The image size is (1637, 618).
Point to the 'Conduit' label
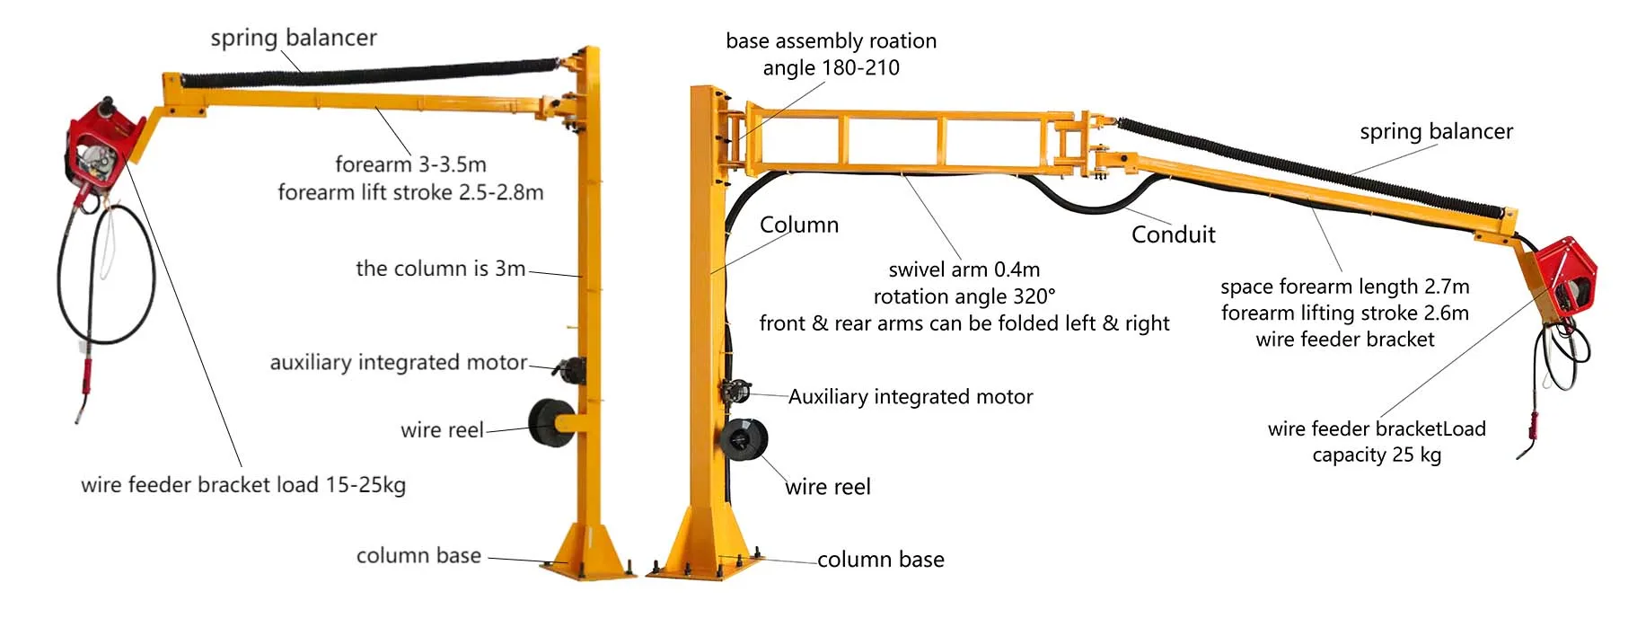[x=1173, y=234]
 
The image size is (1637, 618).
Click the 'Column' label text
[x=799, y=225]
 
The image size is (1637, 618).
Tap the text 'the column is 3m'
[x=440, y=269]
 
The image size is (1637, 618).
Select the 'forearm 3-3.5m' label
[x=410, y=164]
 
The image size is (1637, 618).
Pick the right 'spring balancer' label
[x=1436, y=132]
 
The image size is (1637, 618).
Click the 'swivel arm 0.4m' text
[x=964, y=269]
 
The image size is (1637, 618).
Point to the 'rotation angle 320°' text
[x=964, y=296]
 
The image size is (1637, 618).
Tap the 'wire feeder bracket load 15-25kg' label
[x=243, y=485]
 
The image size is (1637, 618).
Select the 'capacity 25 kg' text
[x=1377, y=455]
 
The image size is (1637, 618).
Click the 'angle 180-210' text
[x=831, y=68]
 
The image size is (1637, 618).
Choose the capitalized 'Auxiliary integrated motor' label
[x=911, y=397]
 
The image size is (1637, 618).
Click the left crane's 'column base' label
[x=418, y=556]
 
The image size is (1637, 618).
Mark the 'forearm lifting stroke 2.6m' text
[x=1345, y=313]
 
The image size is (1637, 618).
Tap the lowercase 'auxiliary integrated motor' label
[x=399, y=362]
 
